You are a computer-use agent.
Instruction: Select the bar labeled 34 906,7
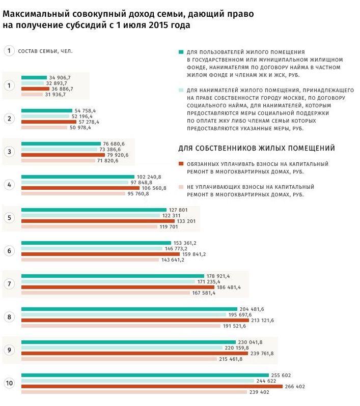point(34,77)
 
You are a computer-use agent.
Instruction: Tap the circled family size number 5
point(9,218)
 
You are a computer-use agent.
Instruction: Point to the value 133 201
point(191,221)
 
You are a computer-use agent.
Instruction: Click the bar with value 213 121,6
point(135,320)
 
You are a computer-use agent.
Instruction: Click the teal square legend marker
point(181,52)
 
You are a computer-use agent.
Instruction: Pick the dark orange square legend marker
point(181,164)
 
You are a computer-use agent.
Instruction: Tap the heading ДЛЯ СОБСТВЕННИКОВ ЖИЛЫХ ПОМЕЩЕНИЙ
point(257,149)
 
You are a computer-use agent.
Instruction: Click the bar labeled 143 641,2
point(90,259)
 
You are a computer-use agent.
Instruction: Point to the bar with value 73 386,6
point(59,149)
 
